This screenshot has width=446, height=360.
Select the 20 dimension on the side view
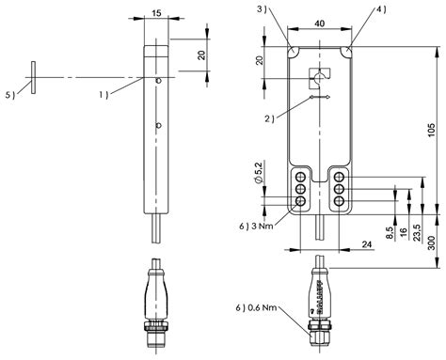(x=199, y=55)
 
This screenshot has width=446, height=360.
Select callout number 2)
(x=269, y=117)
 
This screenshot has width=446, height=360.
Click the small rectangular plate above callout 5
(x=33, y=74)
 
